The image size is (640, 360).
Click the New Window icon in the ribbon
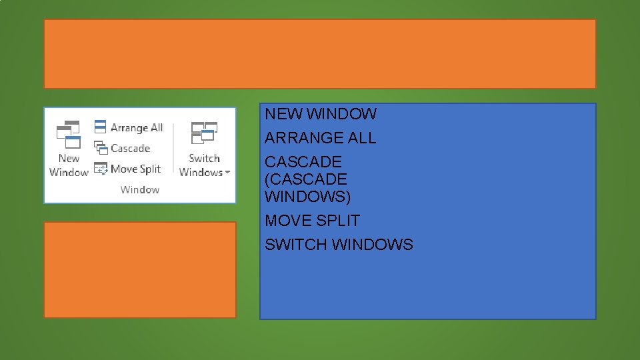click(68, 135)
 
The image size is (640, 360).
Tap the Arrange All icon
click(100, 127)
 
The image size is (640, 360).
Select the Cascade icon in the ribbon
click(101, 148)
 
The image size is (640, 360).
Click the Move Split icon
click(101, 169)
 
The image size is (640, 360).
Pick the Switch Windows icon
click(204, 133)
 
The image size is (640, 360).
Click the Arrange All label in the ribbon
click(137, 127)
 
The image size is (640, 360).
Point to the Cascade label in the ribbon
click(131, 148)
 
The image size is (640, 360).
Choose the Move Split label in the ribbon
click(136, 169)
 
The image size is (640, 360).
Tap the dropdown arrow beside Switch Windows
click(227, 173)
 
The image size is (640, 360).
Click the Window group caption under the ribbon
click(140, 189)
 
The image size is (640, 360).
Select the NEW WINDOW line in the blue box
click(321, 114)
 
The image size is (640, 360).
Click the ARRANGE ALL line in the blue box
click(321, 138)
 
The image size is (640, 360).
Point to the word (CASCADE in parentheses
click(306, 179)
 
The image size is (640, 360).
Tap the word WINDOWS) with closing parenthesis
click(307, 197)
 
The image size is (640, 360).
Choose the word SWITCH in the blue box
click(296, 245)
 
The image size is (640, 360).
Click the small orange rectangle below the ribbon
click(140, 270)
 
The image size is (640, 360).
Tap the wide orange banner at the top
click(320, 54)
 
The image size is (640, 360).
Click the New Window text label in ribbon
click(69, 165)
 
